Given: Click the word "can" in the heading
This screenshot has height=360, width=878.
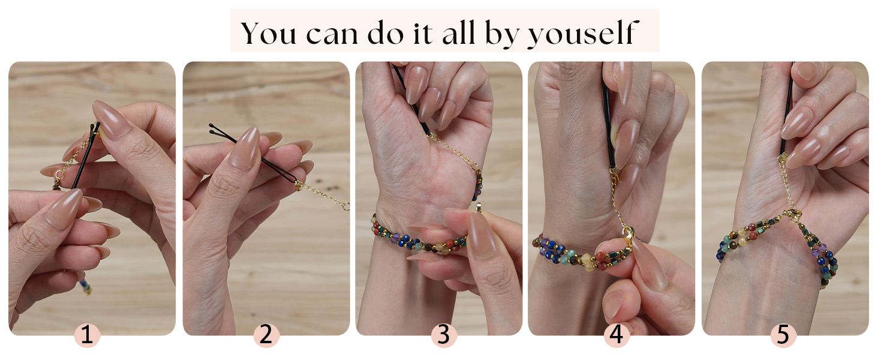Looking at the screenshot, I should click(x=332, y=34).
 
